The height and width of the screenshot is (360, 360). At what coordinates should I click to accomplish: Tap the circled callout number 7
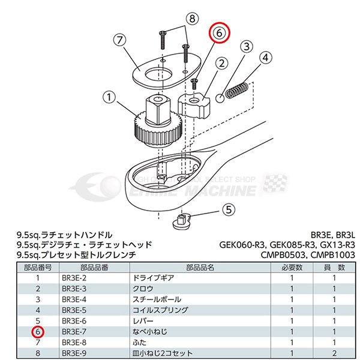pos(121,41)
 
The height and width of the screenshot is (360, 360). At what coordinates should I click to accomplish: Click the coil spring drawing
pos(239,90)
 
